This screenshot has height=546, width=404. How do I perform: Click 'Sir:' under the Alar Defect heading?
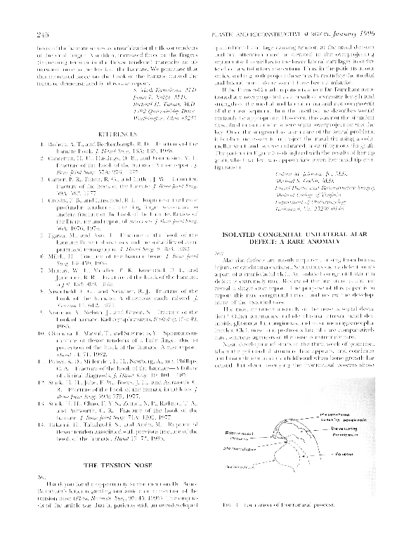point(222,252)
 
